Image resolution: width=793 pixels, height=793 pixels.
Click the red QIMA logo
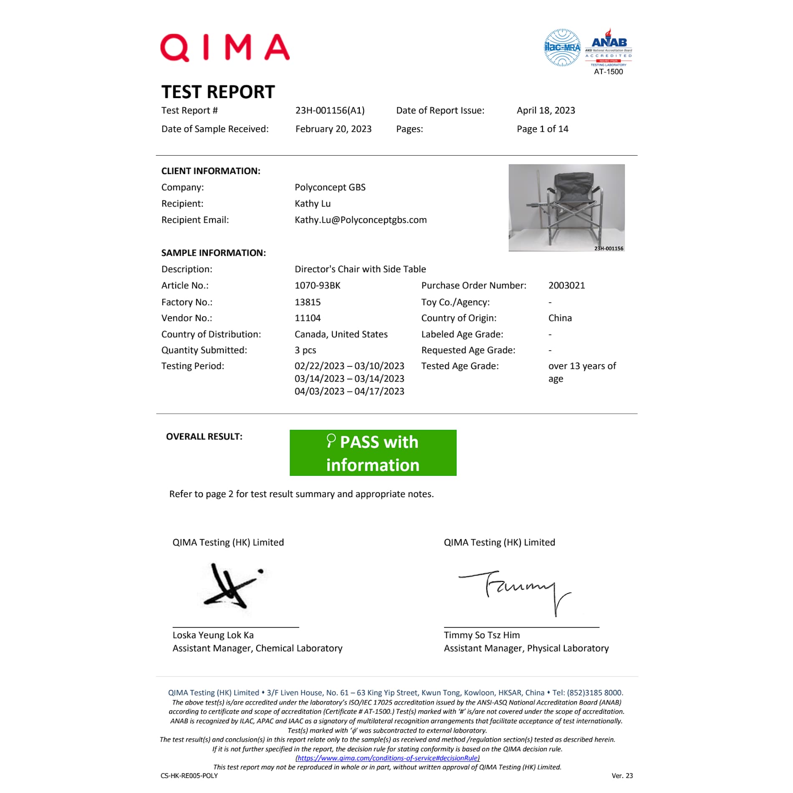[225, 48]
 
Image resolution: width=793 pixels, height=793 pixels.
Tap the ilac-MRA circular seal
[562, 48]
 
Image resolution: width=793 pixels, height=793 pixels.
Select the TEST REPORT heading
[218, 92]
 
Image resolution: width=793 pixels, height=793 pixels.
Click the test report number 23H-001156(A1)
[330, 111]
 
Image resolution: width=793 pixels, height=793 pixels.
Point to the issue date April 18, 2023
[546, 111]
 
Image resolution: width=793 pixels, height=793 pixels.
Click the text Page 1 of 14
[542, 129]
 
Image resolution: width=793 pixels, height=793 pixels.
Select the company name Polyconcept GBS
[330, 187]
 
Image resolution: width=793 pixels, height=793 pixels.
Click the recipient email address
[360, 220]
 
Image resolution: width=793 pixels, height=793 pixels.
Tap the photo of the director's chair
[566, 207]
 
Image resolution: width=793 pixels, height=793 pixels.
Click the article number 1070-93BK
[317, 285]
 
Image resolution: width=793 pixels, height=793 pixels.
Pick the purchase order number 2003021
[566, 285]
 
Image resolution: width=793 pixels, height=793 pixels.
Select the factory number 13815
[307, 302]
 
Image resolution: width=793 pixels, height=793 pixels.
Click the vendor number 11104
[307, 318]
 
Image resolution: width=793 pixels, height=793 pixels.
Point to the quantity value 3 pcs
[305, 350]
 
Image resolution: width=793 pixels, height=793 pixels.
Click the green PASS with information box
[373, 453]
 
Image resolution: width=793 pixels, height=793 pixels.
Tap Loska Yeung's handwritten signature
[232, 587]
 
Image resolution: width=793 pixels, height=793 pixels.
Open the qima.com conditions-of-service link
[387, 758]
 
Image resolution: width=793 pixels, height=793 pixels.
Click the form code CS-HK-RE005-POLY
[189, 775]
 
